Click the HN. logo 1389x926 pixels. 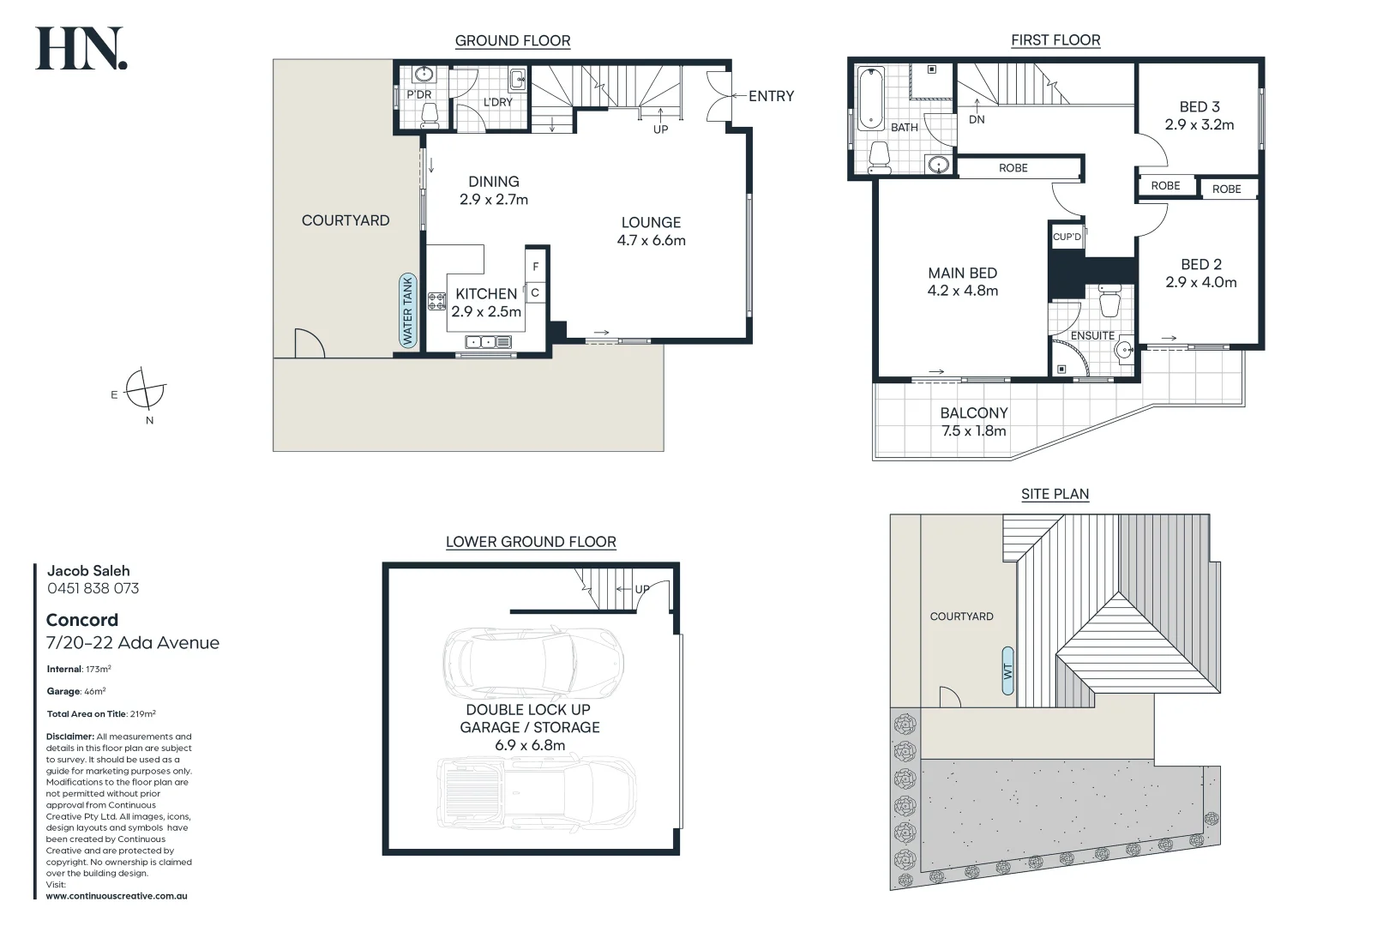click(x=81, y=49)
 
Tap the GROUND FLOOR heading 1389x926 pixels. click(x=512, y=40)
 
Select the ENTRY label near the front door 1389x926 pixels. click(x=771, y=96)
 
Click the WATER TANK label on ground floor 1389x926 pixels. click(x=408, y=310)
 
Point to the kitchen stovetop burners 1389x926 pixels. click(x=436, y=301)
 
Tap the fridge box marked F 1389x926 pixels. click(x=536, y=267)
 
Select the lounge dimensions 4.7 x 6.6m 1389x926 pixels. click(x=651, y=241)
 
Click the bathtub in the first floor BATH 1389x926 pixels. click(x=870, y=99)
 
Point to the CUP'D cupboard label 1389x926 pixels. click(x=1067, y=237)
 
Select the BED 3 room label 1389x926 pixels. click(x=1199, y=107)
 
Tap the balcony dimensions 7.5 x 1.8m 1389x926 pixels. click(x=973, y=431)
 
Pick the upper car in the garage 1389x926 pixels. click(x=532, y=663)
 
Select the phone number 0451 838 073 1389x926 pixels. click(x=93, y=588)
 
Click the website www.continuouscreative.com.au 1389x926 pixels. click(x=117, y=896)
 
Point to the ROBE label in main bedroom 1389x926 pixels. click(x=1013, y=168)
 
